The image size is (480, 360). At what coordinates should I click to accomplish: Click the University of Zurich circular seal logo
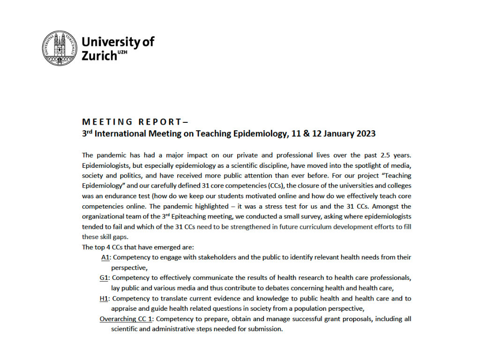coord(60,48)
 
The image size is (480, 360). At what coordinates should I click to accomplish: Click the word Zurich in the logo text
coord(99,55)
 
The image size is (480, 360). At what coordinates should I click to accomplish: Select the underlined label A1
coord(105,257)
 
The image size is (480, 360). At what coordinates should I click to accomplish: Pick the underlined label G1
coord(104,278)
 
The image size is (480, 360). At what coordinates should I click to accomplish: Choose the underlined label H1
coord(104,299)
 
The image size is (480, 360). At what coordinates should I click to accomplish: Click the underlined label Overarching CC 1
coord(126,319)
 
